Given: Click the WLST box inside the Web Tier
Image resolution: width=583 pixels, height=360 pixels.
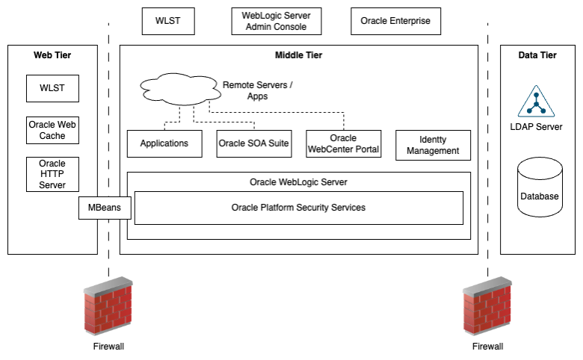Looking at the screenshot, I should coord(52,88).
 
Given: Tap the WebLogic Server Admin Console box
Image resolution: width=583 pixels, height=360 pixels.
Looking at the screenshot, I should coord(276,21).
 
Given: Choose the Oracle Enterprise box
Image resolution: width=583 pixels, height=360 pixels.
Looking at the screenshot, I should coord(395,21).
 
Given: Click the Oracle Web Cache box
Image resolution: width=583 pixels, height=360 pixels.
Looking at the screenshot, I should coord(52,130).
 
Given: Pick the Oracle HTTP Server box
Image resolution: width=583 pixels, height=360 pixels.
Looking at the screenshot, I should coord(52,174).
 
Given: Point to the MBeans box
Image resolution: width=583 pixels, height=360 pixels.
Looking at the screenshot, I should coord(105,208).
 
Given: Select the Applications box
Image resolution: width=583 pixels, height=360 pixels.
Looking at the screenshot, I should coord(164,143).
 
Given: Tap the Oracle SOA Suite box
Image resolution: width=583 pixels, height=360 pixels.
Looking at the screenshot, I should coord(253,143).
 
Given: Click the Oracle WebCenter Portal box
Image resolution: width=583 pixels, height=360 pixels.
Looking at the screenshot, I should coord(344,143).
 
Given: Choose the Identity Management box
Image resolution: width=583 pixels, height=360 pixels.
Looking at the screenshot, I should coord(433,145).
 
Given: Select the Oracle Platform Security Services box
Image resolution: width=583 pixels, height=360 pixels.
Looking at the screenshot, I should coord(298,208).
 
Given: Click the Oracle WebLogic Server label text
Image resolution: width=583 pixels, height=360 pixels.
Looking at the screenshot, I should coord(298,181).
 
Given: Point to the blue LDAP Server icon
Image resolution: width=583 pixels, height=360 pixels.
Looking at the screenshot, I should coord(537,102).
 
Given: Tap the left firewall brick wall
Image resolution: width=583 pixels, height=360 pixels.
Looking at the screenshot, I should coord(108,308).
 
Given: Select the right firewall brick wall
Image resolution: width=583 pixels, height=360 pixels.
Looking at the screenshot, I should coord(487,308).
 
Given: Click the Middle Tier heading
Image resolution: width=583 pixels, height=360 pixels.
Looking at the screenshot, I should coord(298,55).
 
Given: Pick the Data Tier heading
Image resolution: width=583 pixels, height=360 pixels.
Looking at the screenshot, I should coord(537,55).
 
